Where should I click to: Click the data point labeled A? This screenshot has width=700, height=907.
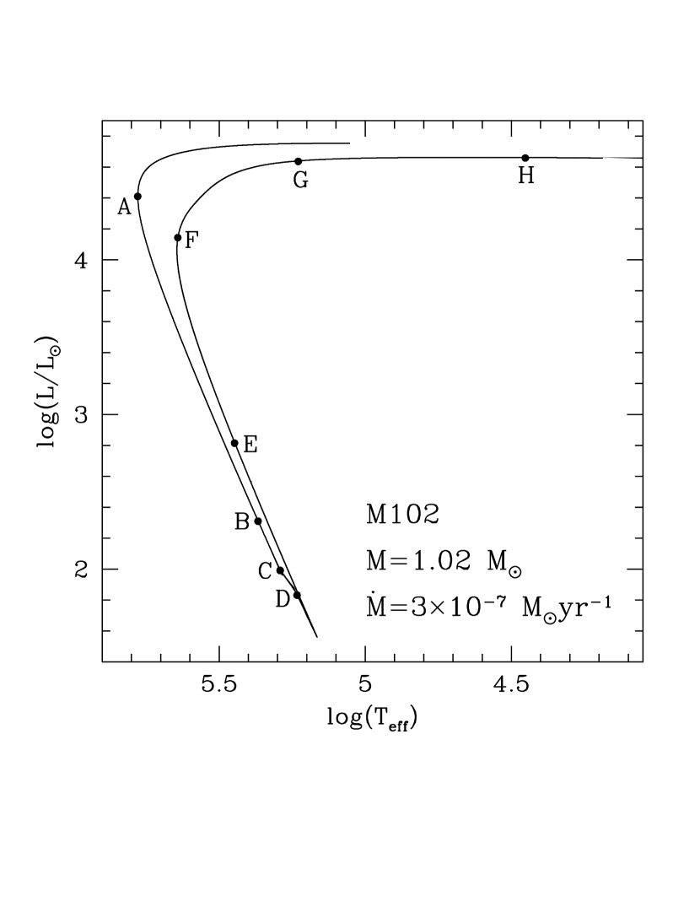(x=137, y=196)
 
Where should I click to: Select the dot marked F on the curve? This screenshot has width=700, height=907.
(x=177, y=237)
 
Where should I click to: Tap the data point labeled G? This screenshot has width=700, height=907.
(x=298, y=161)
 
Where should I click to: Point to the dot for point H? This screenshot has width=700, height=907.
(x=525, y=158)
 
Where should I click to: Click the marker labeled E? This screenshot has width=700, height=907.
(x=234, y=443)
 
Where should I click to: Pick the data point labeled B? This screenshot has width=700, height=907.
(x=258, y=521)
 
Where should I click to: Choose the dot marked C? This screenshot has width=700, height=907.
(x=280, y=570)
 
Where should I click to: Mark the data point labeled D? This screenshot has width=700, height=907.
(x=296, y=595)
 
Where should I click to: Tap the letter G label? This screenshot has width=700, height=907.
(x=299, y=180)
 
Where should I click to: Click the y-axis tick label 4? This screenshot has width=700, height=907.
(x=81, y=260)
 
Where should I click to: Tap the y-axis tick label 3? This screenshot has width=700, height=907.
(x=81, y=415)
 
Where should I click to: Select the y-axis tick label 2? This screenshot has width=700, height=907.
(x=81, y=570)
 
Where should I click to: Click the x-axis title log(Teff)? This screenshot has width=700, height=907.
(x=372, y=720)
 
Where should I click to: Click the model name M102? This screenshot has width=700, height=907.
(x=401, y=515)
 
